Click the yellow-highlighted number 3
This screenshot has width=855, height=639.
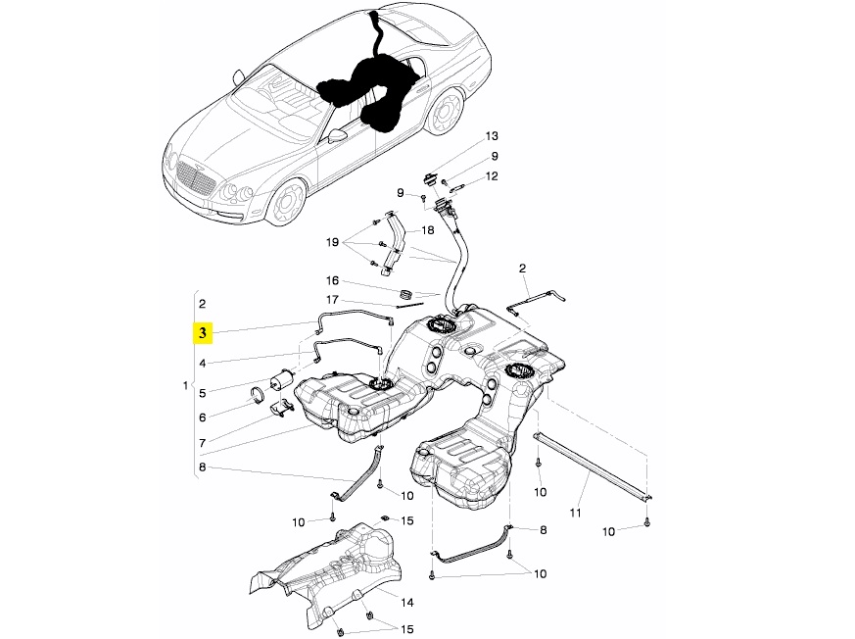[x=202, y=333]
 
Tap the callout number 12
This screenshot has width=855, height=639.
[x=492, y=176]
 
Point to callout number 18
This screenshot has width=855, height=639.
[x=427, y=231]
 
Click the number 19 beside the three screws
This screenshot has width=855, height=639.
[x=331, y=241]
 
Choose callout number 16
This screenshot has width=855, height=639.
[x=331, y=280]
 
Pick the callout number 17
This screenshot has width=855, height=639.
[x=331, y=300]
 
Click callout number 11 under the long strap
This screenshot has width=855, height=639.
[x=576, y=513]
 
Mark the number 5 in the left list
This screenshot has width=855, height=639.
[x=202, y=393]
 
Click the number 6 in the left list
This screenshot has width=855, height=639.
[x=202, y=417]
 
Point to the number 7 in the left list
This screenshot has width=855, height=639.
[x=202, y=443]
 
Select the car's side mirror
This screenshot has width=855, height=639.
[x=337, y=136]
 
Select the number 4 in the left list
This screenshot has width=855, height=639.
[x=202, y=364]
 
